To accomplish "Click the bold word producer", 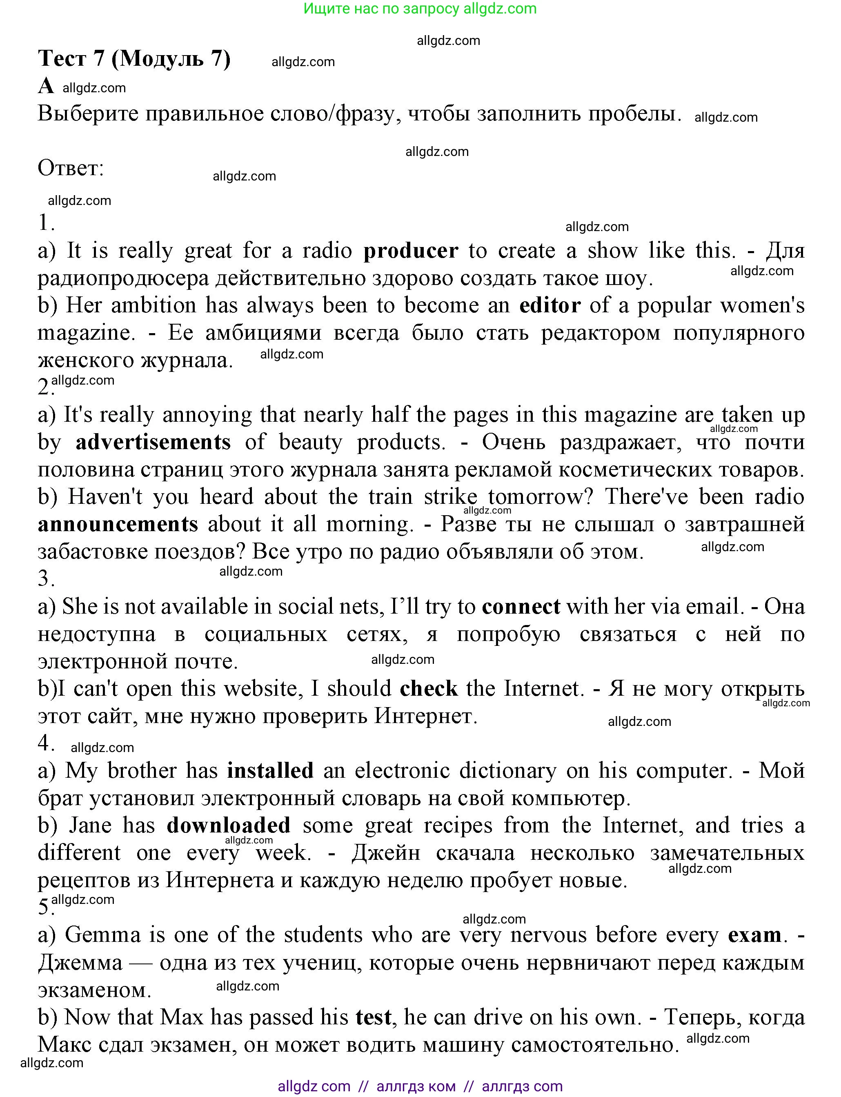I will (410, 251).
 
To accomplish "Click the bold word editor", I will (550, 305).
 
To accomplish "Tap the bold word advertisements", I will (153, 442).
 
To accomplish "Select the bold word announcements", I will (118, 524).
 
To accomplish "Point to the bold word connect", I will (521, 606).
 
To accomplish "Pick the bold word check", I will (429, 688).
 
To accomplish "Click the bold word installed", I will (270, 770).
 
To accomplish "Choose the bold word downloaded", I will (228, 826).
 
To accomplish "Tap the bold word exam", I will (754, 935).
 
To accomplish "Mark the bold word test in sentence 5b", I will (373, 1017).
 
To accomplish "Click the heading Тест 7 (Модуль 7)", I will (134, 59).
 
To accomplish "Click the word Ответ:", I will (71, 168).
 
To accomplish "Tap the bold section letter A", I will (46, 86).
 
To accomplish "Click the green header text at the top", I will (420, 9).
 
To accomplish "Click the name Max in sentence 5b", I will (182, 1017).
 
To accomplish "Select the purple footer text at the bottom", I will (420, 1086).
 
